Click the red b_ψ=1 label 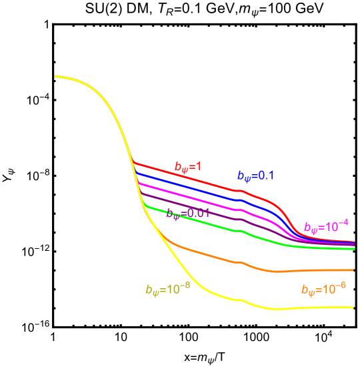188,167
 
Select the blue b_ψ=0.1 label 255,176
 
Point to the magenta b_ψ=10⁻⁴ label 326,226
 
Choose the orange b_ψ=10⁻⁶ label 323,289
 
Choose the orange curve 200,253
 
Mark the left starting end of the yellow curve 55,77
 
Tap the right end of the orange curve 352,270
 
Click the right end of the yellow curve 352,308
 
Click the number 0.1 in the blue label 266,176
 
